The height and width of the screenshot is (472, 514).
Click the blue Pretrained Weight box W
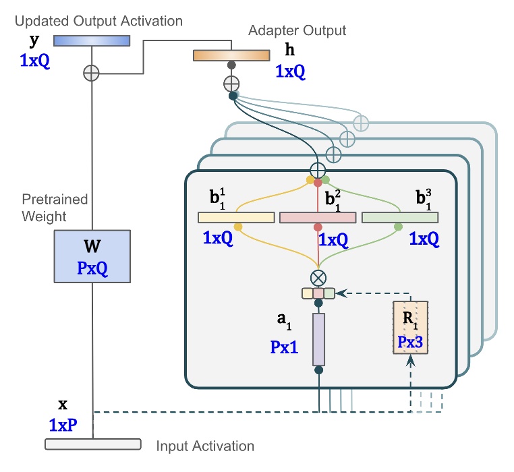coord(91,256)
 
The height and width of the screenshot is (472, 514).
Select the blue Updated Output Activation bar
coord(91,41)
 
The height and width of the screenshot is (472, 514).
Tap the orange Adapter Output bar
coord(231,55)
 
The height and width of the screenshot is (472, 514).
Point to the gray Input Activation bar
coord(92,444)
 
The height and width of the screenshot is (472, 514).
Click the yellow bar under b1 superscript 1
coord(236,217)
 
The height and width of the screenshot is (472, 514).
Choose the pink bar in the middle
coord(318,217)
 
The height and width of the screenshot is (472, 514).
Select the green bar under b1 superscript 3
coord(400,217)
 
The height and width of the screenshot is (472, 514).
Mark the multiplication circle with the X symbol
coord(318,277)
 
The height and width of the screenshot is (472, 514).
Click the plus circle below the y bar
coord(91,73)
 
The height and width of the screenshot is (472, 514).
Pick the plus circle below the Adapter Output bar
coord(231,84)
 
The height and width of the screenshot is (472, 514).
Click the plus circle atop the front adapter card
coord(317,169)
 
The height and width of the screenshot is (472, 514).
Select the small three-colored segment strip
coord(318,293)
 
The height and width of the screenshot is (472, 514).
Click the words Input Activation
coord(205,446)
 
